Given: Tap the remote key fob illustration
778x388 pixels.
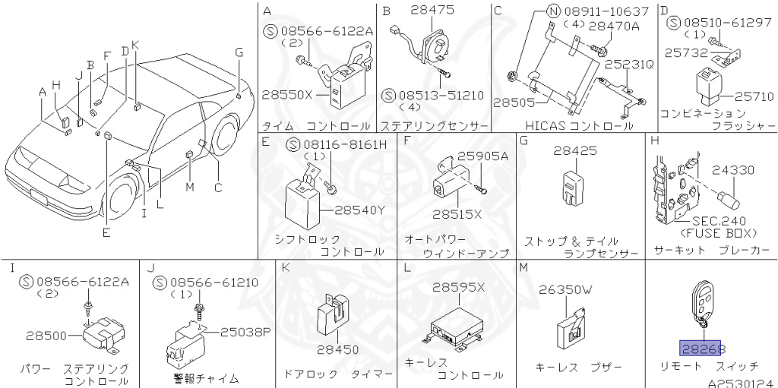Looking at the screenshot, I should click(x=701, y=305).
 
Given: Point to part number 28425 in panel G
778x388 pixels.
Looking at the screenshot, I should click(x=574, y=151).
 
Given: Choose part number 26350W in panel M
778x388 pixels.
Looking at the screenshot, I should click(x=565, y=289).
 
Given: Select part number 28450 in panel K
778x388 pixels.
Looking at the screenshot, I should click(x=338, y=349).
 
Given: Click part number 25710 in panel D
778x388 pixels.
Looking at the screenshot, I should click(x=755, y=96).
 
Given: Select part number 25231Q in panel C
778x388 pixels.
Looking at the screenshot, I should click(x=628, y=65).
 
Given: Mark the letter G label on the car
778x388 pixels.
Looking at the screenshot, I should click(x=239, y=52).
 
